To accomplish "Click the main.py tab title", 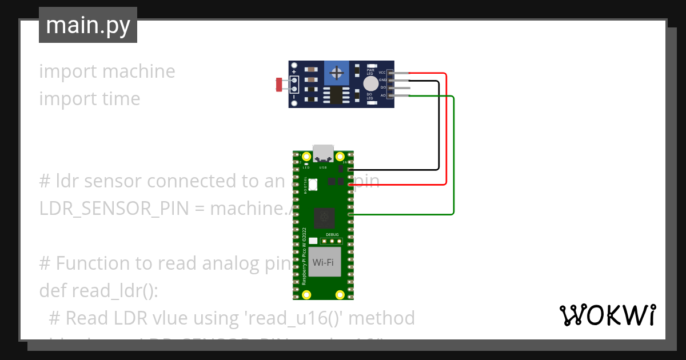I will pyautogui.click(x=87, y=25).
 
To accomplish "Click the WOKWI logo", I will pyautogui.click(x=607, y=315).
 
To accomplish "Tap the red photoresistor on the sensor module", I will pyautogui.click(x=279, y=85).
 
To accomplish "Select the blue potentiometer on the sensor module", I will pyautogui.click(x=337, y=73).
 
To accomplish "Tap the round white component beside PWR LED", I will pyautogui.click(x=369, y=84).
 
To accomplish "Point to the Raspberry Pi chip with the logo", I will pyautogui.click(x=325, y=217).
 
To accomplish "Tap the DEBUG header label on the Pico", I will pyautogui.click(x=332, y=235).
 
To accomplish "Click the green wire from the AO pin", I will pyautogui.click(x=453, y=154).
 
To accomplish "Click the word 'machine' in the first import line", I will pyautogui.click(x=139, y=71).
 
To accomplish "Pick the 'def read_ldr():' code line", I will pyautogui.click(x=98, y=290).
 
